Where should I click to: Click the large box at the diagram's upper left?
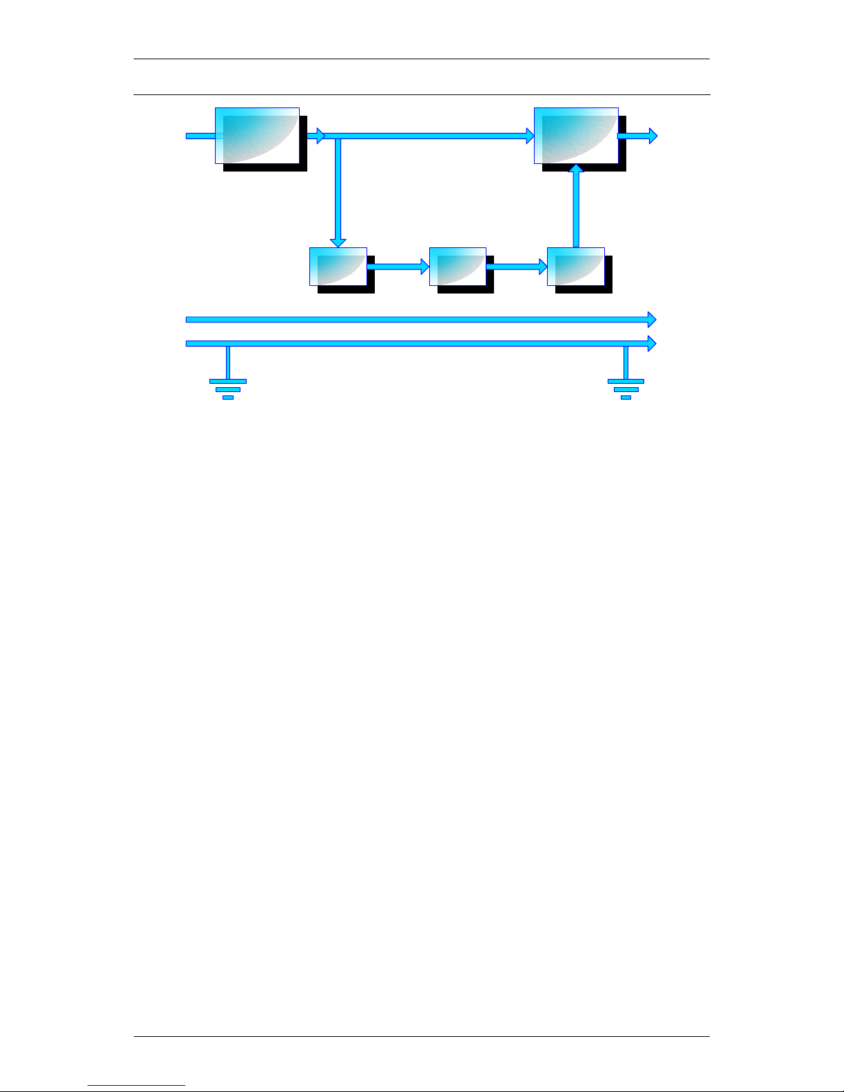pyautogui.click(x=257, y=136)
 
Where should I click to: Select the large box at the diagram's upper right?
pyautogui.click(x=576, y=136)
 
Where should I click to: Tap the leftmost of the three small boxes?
pyautogui.click(x=338, y=266)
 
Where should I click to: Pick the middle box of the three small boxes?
pyautogui.click(x=457, y=266)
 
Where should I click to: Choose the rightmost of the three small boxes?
pyautogui.click(x=575, y=266)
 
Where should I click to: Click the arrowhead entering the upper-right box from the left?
pyautogui.click(x=530, y=136)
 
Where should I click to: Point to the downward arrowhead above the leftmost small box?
pyautogui.click(x=338, y=242)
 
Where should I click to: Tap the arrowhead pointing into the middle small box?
pyautogui.click(x=424, y=266)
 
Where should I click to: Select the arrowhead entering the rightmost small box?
pyautogui.click(x=542, y=266)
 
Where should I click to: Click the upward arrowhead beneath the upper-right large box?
pyautogui.click(x=576, y=169)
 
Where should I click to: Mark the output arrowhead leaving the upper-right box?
pyautogui.click(x=652, y=136)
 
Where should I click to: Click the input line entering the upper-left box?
pyautogui.click(x=200, y=136)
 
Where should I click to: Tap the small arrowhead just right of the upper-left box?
pyautogui.click(x=320, y=136)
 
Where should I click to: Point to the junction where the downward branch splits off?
pyautogui.click(x=338, y=136)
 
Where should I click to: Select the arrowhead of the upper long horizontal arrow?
pyautogui.click(x=651, y=319)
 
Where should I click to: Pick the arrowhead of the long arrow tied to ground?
pyautogui.click(x=651, y=342)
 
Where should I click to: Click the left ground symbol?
pyautogui.click(x=227, y=389)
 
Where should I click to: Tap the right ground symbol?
pyautogui.click(x=626, y=389)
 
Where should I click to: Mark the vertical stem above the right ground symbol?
pyautogui.click(x=626, y=362)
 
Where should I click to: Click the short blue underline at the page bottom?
pyautogui.click(x=136, y=1086)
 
